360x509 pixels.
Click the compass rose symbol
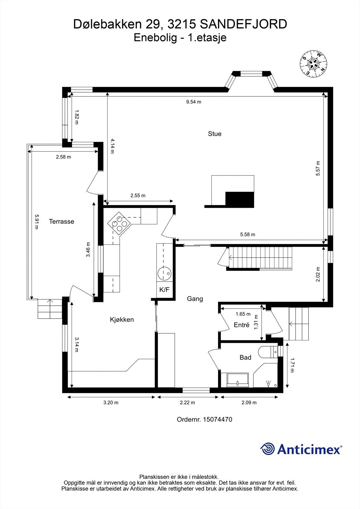314,64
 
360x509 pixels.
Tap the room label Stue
215,134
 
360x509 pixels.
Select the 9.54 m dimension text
194,102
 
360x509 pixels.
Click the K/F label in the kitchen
164,290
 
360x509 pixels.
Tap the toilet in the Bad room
267,352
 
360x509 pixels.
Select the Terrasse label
61,221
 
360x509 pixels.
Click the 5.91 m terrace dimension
37,222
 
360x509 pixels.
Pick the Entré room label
241,325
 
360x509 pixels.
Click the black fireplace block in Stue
240,199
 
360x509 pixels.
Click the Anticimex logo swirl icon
267,449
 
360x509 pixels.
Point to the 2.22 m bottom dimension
187,402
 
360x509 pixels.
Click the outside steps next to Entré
299,324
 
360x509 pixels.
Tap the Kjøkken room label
122,319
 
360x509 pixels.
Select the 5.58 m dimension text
247,234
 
